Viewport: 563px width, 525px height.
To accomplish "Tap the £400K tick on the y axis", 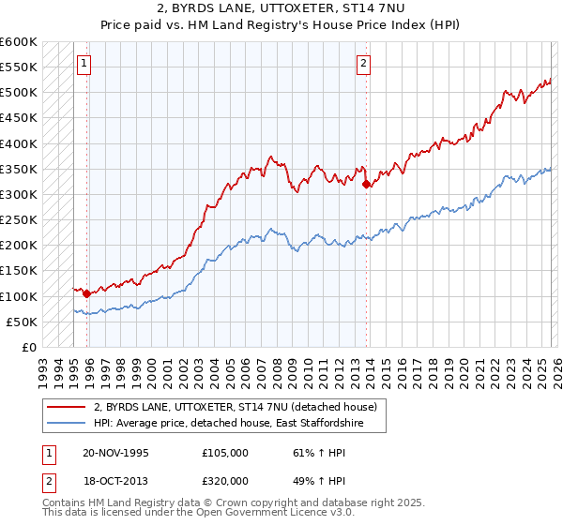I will pos(19,143).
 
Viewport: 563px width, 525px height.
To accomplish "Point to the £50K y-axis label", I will pos(22,322).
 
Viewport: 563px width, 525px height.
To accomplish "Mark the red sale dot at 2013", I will pos(365,185).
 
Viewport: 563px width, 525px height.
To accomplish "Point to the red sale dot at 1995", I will pos(86,293).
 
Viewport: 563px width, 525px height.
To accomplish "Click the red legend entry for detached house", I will pos(236,407).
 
